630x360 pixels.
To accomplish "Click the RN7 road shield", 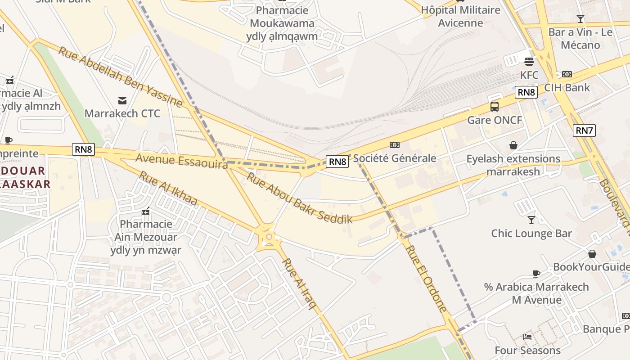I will coord(584,130).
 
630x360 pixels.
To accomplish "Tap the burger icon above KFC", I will coord(529,61).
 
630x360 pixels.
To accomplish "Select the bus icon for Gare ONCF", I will coord(495,107).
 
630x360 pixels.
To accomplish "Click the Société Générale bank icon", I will coord(395,144).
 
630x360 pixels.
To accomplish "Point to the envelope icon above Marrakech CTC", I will coord(122,100).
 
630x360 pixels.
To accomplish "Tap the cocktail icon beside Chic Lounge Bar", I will coord(531,220).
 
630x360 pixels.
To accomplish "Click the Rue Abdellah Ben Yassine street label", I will coord(121,76).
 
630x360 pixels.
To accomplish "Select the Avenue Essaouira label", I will coord(181,161).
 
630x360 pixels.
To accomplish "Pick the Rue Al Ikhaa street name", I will coord(168,188).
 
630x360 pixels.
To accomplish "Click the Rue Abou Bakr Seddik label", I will coord(299,198).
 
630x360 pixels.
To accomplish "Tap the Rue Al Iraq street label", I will coord(299,283).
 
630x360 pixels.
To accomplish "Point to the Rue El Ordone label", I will coord(426,278).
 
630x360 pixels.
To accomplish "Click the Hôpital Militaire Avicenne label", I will coord(460,16).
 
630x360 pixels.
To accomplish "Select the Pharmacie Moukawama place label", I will coord(282,23).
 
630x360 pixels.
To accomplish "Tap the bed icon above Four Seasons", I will coord(527,337).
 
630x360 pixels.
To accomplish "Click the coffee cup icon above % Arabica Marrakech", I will coord(536,274).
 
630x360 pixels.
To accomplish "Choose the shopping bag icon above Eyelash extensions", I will coord(513,145).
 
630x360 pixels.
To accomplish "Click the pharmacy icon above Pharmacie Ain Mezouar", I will coord(146,211).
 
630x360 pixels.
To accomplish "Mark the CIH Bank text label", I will coord(567,87).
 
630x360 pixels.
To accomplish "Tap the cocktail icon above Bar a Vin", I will coord(580,19).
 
